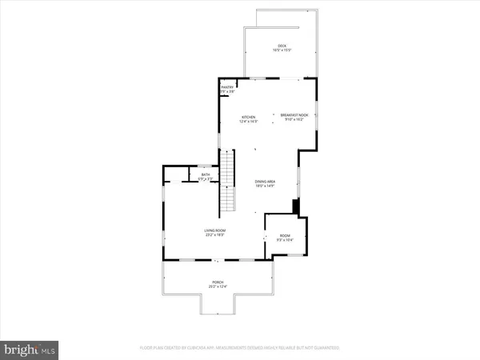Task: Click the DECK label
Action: click(282, 46)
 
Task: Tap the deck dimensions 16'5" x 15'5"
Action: click(282, 50)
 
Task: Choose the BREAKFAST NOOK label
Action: click(294, 115)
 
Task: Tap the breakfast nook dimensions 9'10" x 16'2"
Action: click(294, 120)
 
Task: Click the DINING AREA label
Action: click(266, 182)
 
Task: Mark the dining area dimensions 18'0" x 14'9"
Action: click(266, 186)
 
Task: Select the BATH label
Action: click(205, 174)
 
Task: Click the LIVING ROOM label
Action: click(214, 230)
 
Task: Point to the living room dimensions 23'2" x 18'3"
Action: click(214, 235)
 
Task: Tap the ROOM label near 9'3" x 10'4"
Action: click(285, 235)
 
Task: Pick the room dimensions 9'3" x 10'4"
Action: click(285, 240)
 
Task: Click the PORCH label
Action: click(218, 282)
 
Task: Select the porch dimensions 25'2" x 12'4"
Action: click(218, 286)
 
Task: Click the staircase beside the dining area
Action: click(230, 181)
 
